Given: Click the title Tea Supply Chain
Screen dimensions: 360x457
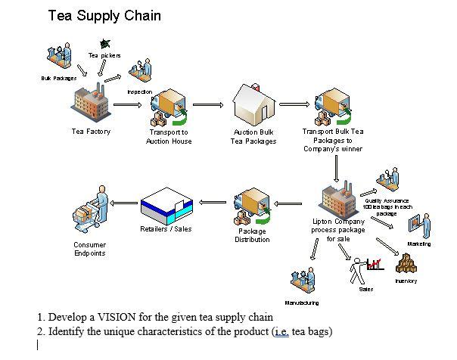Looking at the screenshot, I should [104, 15].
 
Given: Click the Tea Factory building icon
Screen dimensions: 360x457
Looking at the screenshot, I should [91, 104].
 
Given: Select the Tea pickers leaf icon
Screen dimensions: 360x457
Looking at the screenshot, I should [104, 45].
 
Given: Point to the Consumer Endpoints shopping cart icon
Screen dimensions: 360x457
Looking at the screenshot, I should [91, 213].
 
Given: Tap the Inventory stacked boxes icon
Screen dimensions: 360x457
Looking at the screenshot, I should [407, 264].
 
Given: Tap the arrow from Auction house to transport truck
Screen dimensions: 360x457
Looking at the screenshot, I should [294, 105].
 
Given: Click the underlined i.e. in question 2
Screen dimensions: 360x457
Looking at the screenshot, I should [282, 331].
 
